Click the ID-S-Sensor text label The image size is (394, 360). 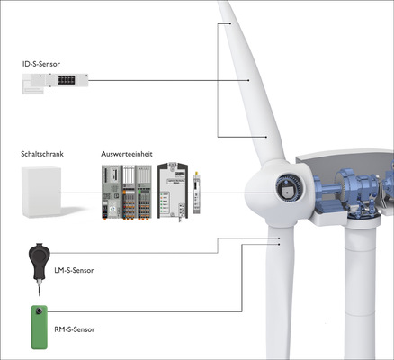tap(48, 65)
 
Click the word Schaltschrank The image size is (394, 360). tap(42, 154)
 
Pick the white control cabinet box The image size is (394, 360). tap(41, 192)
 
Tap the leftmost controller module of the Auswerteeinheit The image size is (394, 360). tap(111, 192)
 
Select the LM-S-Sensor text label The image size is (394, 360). tap(74, 270)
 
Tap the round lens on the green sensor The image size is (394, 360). tap(39, 315)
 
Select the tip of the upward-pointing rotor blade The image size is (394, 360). tap(224, 7)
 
